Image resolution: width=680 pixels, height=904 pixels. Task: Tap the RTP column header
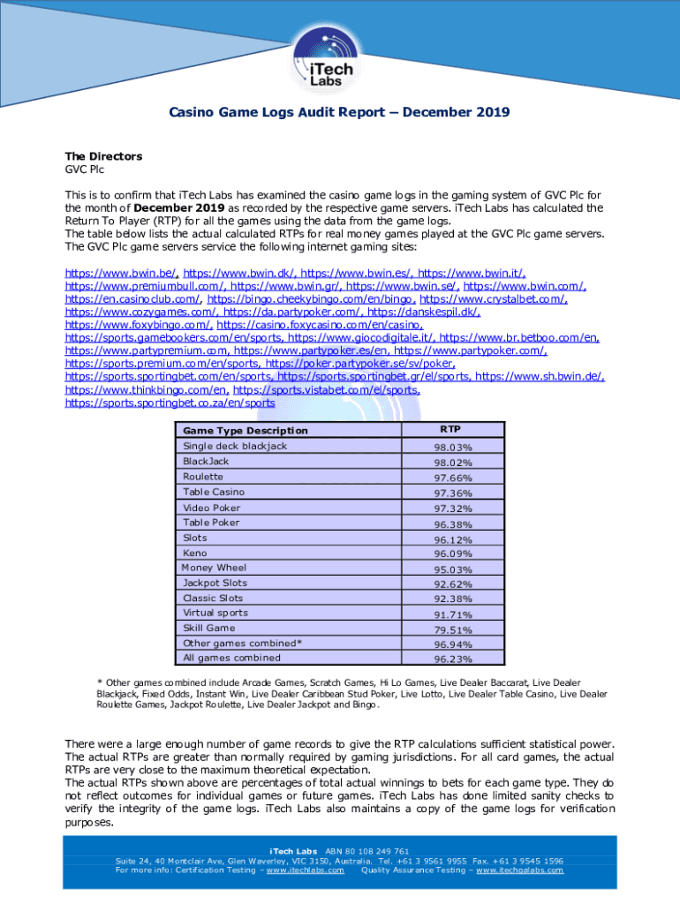point(452,430)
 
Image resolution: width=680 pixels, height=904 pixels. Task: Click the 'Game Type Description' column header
point(246,431)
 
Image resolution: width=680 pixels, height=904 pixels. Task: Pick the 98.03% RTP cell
point(452,447)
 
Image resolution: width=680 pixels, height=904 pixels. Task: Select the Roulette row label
point(203,477)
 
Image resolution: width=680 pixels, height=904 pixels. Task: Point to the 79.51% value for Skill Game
point(452,629)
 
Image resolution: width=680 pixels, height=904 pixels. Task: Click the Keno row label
point(195,553)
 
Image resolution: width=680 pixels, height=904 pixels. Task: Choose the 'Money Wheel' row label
point(214,568)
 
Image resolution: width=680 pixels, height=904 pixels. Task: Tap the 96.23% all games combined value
point(452,659)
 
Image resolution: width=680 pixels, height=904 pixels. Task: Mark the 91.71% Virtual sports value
point(452,614)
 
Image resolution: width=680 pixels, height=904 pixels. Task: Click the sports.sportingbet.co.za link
point(170,403)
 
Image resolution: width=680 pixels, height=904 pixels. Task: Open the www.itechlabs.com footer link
point(305,870)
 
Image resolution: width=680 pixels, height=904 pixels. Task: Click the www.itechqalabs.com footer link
point(519,870)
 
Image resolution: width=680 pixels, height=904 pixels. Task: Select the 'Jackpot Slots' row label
point(215,583)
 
